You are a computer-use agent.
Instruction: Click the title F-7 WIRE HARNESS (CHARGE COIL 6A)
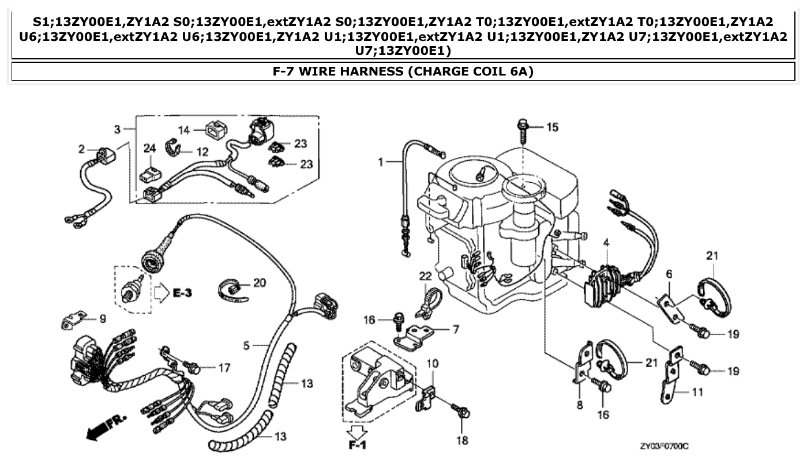click(403, 71)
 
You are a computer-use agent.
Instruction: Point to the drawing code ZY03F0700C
click(664, 446)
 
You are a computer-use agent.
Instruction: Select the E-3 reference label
click(182, 293)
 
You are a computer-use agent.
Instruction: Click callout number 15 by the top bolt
click(552, 127)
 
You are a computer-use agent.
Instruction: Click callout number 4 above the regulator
click(606, 243)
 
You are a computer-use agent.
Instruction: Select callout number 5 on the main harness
click(246, 346)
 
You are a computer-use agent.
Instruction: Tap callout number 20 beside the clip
click(260, 282)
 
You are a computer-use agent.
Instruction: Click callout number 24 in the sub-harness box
click(149, 148)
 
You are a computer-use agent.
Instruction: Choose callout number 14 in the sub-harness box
click(184, 130)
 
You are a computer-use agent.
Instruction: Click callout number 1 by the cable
click(381, 163)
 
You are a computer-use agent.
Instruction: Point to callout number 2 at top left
click(82, 149)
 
